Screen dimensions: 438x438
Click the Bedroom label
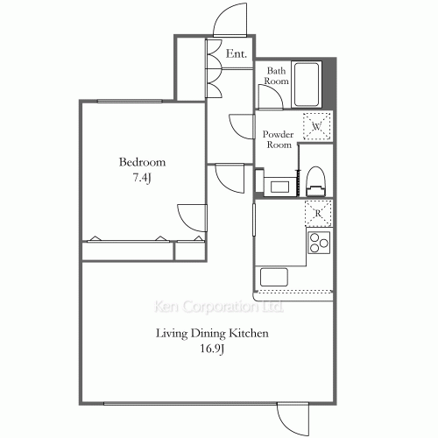tap(142, 163)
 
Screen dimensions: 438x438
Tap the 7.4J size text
tap(142, 179)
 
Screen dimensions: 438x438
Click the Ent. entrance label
tap(236, 54)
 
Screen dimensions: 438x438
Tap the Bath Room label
tap(277, 76)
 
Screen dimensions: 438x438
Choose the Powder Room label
tap(278, 139)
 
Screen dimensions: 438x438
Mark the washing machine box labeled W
tap(317, 127)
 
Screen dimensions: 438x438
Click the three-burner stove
tap(317, 242)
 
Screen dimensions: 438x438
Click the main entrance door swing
tap(230, 22)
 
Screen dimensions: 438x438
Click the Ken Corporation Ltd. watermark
tap(218, 307)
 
